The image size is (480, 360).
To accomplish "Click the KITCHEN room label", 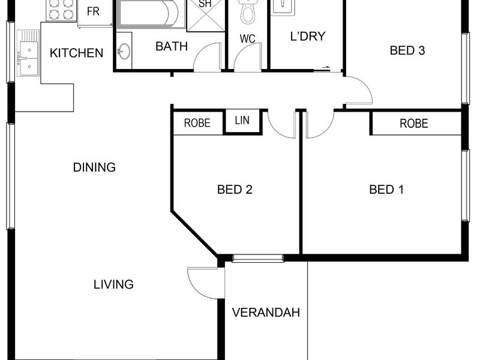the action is pos(76,53).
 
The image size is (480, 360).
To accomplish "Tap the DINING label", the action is pos(94,167).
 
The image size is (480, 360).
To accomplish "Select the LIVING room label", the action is pos(113,284).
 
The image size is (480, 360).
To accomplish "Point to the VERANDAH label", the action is pos(266,313).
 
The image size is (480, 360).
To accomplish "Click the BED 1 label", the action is pos(386,190).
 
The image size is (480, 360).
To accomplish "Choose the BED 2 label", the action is pos(235,190).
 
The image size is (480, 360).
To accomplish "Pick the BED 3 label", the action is pos(407,50).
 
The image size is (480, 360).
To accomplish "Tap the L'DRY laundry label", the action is pos(308,37).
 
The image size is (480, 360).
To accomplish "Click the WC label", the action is pos(247,39).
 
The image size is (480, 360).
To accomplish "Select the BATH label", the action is pos(172,46).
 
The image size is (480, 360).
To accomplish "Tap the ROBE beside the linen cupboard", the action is pos(198,124).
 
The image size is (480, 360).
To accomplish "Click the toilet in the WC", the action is pos(248,11).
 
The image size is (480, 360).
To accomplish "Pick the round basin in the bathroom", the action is pos(124,51).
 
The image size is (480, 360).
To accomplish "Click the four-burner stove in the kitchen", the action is pos(61,10).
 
